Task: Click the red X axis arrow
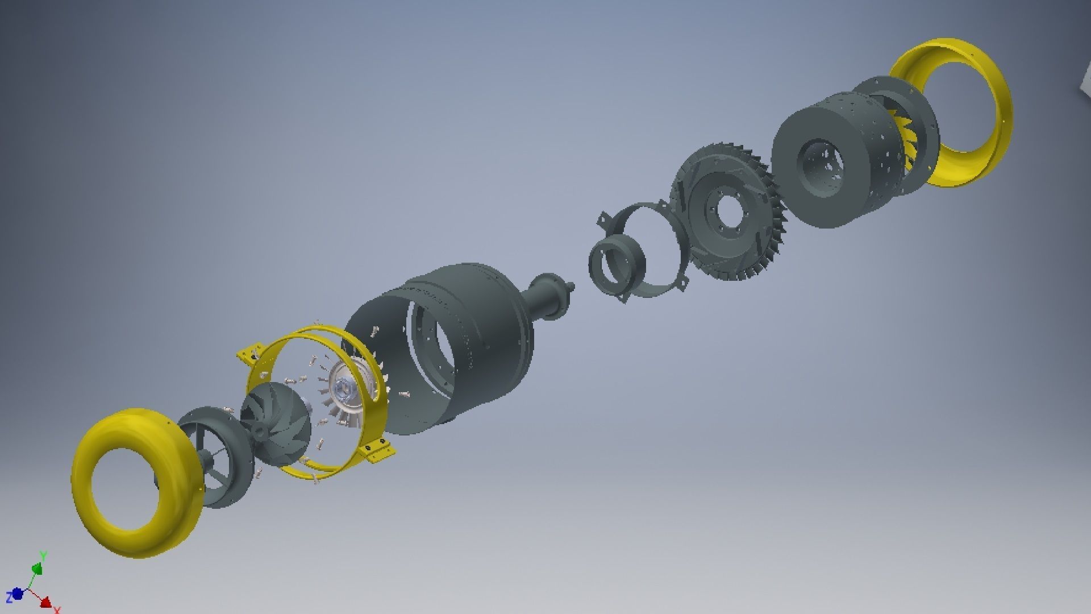click(47, 602)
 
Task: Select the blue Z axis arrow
click(16, 594)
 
